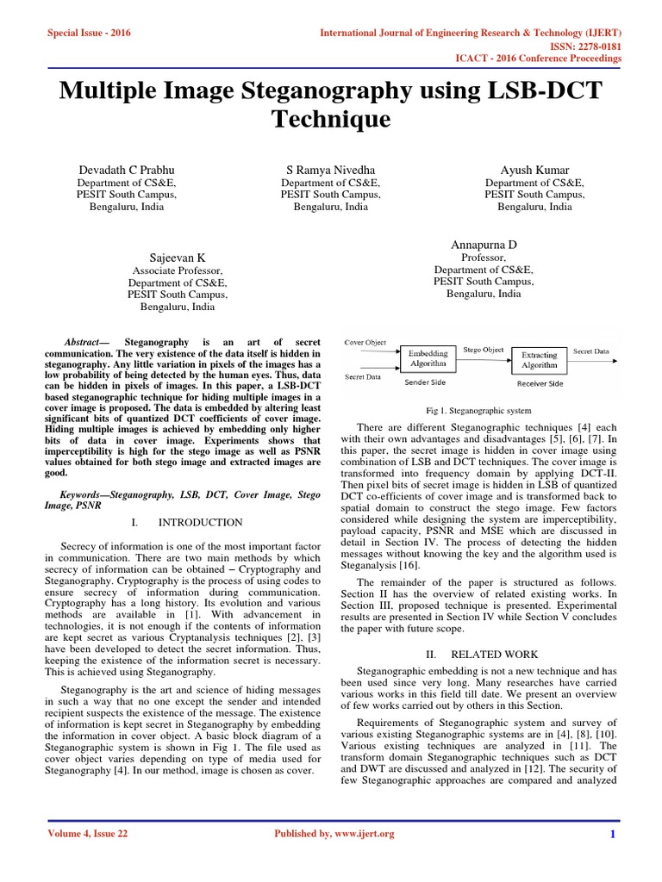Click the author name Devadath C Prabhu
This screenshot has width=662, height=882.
pos(127,169)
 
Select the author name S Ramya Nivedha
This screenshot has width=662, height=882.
pos(331,169)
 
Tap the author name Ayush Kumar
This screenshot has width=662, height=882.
pos(534,169)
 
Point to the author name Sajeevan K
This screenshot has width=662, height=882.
pos(178,256)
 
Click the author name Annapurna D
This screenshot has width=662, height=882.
pos(484,245)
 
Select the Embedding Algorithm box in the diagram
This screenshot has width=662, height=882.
pos(428,358)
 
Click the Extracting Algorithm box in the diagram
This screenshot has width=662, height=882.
pos(540,360)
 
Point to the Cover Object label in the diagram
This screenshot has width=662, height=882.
pos(365,343)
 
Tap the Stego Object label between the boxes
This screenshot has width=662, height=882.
pos(484,351)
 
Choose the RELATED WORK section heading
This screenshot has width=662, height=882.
pos(485,655)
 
